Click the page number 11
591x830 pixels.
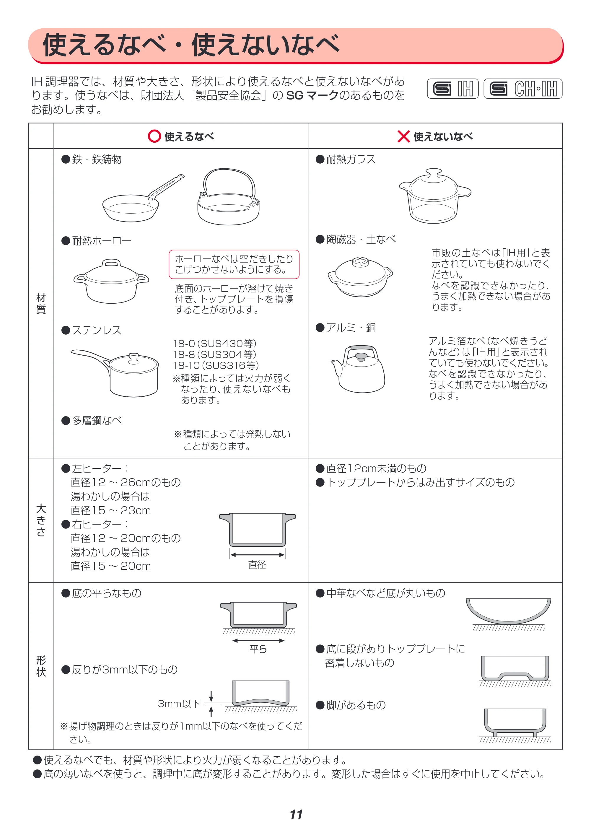(296, 814)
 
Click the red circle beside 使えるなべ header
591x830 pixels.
(154, 136)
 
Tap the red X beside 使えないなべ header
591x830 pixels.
(403, 136)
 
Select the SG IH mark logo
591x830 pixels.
(453, 88)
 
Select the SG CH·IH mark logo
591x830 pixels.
(523, 88)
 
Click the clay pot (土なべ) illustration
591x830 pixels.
(360, 276)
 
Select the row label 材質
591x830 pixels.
(41, 303)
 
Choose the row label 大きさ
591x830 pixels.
(41, 520)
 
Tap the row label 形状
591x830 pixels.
(41, 665)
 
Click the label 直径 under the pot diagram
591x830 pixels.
(257, 564)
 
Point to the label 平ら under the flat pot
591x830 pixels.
(258, 649)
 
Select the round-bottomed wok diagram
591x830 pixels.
(508, 614)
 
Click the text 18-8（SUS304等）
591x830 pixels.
(215, 354)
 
